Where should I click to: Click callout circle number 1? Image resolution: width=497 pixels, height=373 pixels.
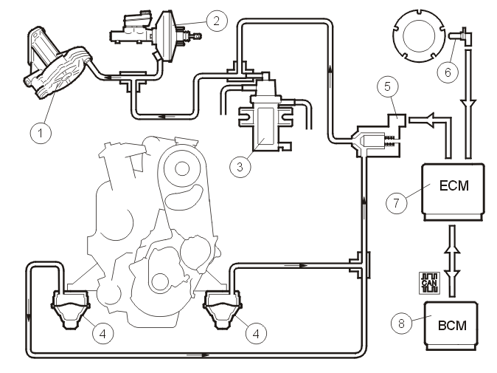(41, 132)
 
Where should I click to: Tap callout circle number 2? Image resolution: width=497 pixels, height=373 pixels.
(217, 21)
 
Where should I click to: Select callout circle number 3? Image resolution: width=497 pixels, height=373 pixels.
(240, 166)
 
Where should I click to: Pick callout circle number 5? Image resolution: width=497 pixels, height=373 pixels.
(388, 86)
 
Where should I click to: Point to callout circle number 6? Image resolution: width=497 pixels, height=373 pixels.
(448, 72)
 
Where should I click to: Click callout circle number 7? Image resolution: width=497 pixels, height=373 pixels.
(397, 202)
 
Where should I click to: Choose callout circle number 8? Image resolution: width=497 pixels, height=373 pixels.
(402, 324)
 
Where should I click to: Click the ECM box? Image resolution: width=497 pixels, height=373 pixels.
(453, 192)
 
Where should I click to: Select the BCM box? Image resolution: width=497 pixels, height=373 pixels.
(451, 326)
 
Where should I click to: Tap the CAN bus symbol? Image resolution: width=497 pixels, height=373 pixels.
(429, 283)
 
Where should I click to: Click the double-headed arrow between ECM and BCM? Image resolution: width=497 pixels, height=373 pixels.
(452, 261)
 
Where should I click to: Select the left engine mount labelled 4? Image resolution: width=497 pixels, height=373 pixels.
(70, 309)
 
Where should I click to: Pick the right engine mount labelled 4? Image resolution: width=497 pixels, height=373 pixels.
(223, 309)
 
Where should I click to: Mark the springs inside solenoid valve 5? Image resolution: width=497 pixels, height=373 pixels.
(390, 141)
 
